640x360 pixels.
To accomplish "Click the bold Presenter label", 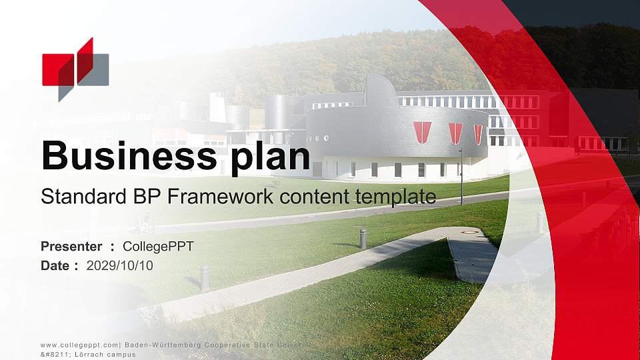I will pos(71,247).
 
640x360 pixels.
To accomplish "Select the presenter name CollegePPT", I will pos(158,247).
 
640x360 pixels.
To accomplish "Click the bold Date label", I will pos(55,266).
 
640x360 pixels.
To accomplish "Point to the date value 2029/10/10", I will pos(120,266).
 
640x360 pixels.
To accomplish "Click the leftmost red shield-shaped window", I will pos(422,132).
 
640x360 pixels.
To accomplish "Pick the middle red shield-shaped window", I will pos(455,133).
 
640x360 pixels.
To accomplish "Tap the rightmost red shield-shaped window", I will pos(478,134).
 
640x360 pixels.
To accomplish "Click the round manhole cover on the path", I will pos(470,231).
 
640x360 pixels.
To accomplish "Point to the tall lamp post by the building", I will pos(461,177).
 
